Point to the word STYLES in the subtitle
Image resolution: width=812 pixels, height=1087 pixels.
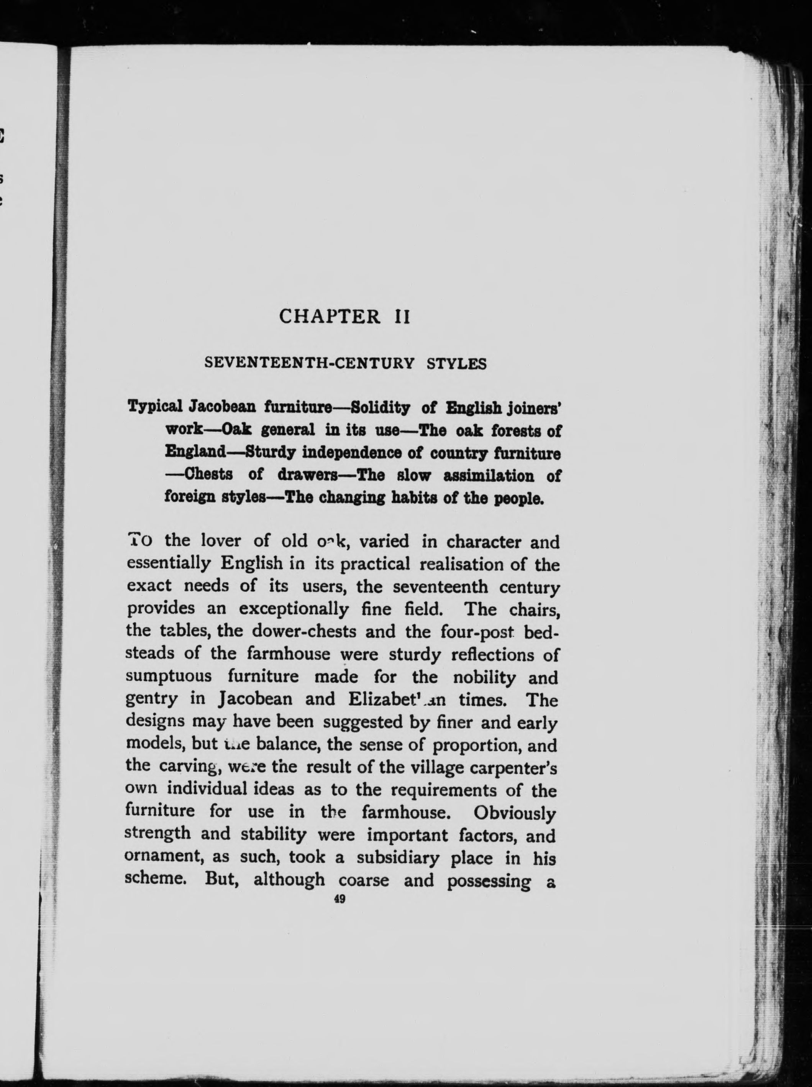point(456,364)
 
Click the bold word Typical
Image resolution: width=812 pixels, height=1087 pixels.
point(155,407)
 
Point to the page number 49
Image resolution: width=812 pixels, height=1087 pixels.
point(339,899)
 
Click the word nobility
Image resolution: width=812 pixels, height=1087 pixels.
point(484,678)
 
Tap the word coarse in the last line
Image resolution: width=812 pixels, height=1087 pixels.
point(364,880)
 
